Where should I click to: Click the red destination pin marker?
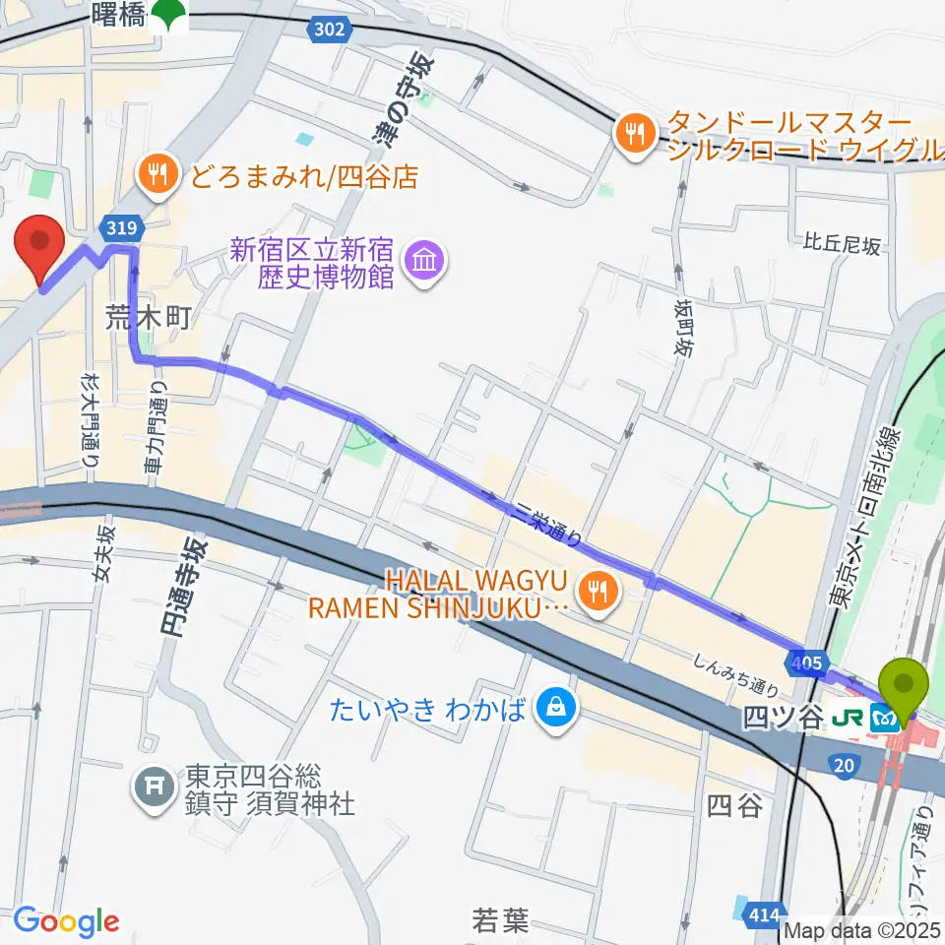pos(40,246)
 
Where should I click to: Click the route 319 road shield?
pos(117,228)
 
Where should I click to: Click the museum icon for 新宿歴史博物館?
pos(425,262)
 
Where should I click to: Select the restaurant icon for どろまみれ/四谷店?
pos(156,176)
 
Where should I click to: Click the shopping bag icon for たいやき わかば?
pos(555,707)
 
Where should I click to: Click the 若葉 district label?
pos(500,920)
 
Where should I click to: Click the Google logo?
pos(66,921)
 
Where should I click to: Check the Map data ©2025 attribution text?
pos(862,929)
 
